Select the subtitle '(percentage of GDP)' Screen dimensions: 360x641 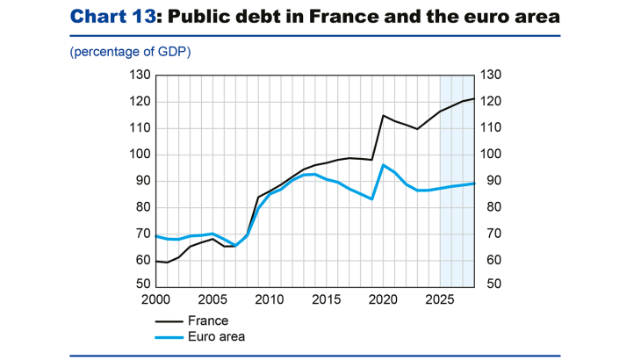(130, 52)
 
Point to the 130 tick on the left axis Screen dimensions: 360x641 (139, 76)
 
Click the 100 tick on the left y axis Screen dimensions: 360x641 (139, 155)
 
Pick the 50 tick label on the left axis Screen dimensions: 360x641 (142, 284)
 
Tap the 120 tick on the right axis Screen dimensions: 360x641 (490, 102)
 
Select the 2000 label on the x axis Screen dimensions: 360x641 (155, 299)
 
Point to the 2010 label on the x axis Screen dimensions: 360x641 (269, 299)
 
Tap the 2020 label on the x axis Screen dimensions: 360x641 (383, 299)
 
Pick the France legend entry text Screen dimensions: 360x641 (208, 320)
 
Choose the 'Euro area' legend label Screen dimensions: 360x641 (216, 336)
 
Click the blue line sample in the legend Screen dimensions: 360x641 (167, 336)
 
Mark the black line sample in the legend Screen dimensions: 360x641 (167, 320)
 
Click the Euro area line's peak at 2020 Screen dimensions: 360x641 (384, 165)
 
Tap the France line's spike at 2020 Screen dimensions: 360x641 (383, 115)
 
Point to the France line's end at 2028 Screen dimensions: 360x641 (474, 98)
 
